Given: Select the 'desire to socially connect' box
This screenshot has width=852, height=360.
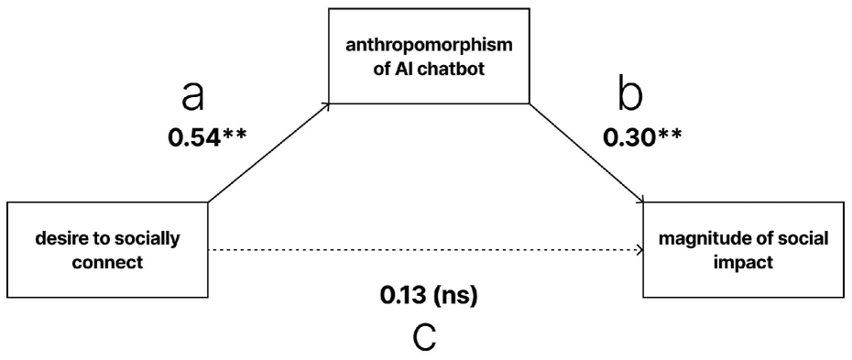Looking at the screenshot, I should coord(107,249).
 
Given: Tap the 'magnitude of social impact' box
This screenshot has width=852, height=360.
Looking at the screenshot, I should coord(743,249).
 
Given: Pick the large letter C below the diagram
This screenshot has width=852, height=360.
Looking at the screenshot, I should coord(426,337).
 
